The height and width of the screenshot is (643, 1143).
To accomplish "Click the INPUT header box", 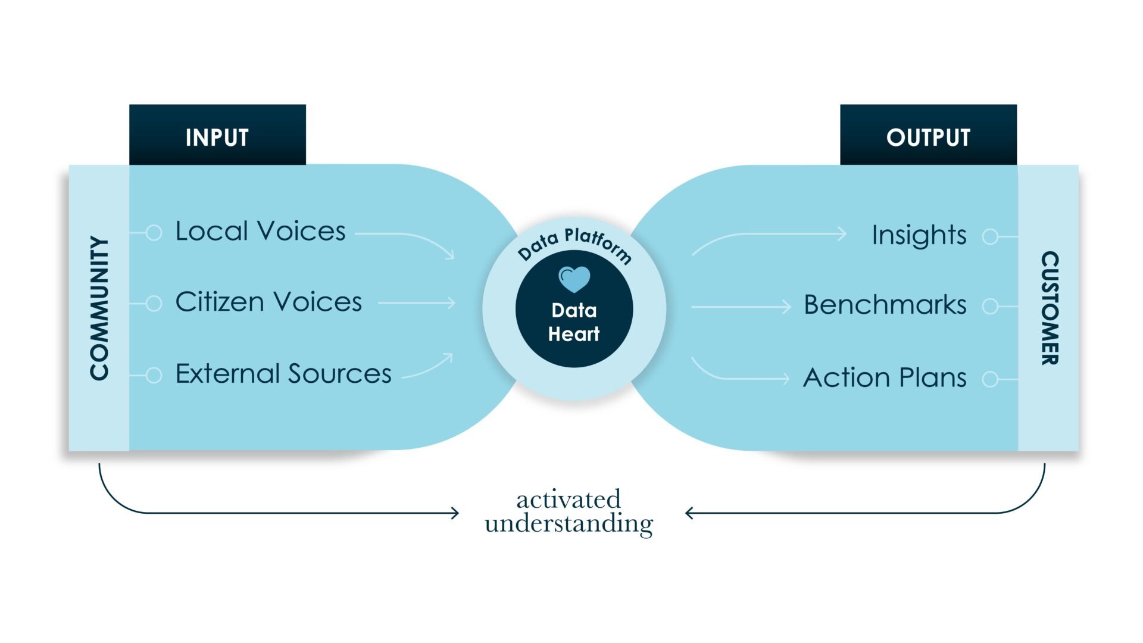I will [217, 136].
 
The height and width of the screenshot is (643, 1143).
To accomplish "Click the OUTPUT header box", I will [928, 136].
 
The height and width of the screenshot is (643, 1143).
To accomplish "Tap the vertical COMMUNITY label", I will [99, 308].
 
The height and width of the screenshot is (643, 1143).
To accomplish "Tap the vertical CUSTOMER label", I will [1050, 308].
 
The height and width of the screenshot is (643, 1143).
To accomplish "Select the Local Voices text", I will [260, 231].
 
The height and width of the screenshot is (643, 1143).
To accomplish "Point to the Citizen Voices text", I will [268, 302].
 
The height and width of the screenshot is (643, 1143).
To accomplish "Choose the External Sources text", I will [283, 374].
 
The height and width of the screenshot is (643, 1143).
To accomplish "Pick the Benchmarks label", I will [885, 305].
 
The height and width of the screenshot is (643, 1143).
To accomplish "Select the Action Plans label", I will [885, 377].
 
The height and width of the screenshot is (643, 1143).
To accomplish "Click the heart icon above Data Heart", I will [574, 279].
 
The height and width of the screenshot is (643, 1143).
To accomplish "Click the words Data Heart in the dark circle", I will [574, 322].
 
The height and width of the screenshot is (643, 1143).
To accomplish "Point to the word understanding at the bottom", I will [569, 524].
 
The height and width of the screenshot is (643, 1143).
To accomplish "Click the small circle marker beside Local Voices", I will [154, 233].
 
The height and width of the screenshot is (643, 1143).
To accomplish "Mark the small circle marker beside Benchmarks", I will [990, 307].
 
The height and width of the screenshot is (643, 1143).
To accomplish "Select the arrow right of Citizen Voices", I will [417, 303].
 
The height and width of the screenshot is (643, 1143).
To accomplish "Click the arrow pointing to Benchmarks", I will [741, 307].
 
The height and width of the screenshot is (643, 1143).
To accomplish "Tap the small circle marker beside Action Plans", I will [990, 379].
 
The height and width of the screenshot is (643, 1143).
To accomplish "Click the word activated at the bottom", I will [569, 500].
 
